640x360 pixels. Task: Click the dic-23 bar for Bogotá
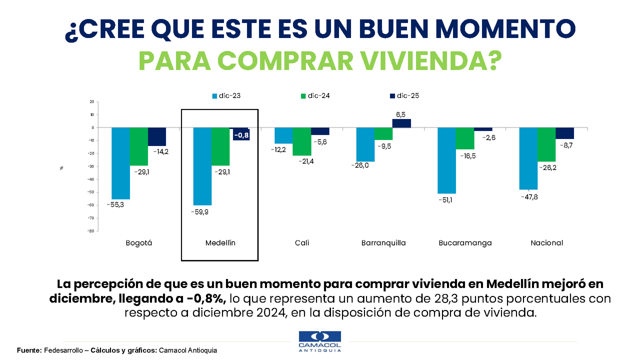[120, 163]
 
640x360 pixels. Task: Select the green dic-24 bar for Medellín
[220, 146]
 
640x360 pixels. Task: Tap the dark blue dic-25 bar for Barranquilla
[401, 123]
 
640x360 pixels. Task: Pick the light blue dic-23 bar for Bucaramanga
[446, 160]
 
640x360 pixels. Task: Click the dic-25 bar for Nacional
[565, 133]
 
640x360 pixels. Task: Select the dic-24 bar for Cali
[302, 141]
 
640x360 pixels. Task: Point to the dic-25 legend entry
[403, 95]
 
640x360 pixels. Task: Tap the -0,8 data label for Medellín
[241, 135]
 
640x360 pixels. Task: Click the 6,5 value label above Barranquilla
[401, 114]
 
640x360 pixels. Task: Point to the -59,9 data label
[202, 211]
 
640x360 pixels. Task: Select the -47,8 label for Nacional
[528, 196]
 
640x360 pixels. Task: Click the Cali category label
[302, 243]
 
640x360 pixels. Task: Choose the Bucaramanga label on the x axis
[465, 243]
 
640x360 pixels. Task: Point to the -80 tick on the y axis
[91, 231]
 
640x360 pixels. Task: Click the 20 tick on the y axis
[91, 102]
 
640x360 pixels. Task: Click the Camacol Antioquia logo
[319, 341]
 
